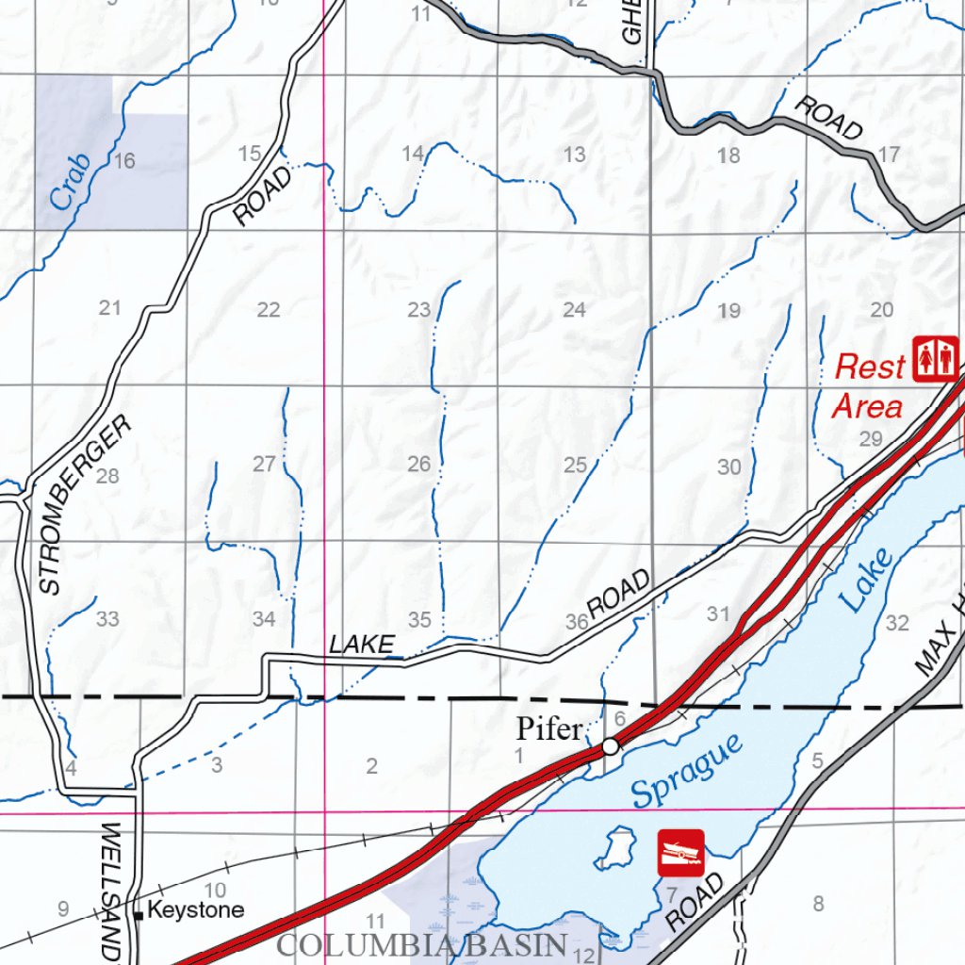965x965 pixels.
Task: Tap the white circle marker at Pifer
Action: pos(611,746)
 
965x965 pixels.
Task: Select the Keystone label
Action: pos(196,910)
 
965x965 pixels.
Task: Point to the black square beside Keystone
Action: pos(139,913)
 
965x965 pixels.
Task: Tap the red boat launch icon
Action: pos(680,852)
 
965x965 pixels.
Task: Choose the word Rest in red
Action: pos(870,367)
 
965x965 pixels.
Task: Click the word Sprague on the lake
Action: pos(686,768)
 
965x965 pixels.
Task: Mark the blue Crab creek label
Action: pos(71,181)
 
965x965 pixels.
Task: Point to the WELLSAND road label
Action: pos(111,891)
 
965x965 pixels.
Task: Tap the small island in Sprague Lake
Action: pos(617,847)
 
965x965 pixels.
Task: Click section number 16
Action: pos(123,161)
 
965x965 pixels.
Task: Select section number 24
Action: pos(574,309)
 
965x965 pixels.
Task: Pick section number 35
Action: pos(419,619)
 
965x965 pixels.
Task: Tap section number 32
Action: pos(897,623)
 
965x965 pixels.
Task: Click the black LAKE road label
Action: pos(361,645)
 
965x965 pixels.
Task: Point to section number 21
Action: pos(110,307)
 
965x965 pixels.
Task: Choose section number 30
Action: pos(729,466)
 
